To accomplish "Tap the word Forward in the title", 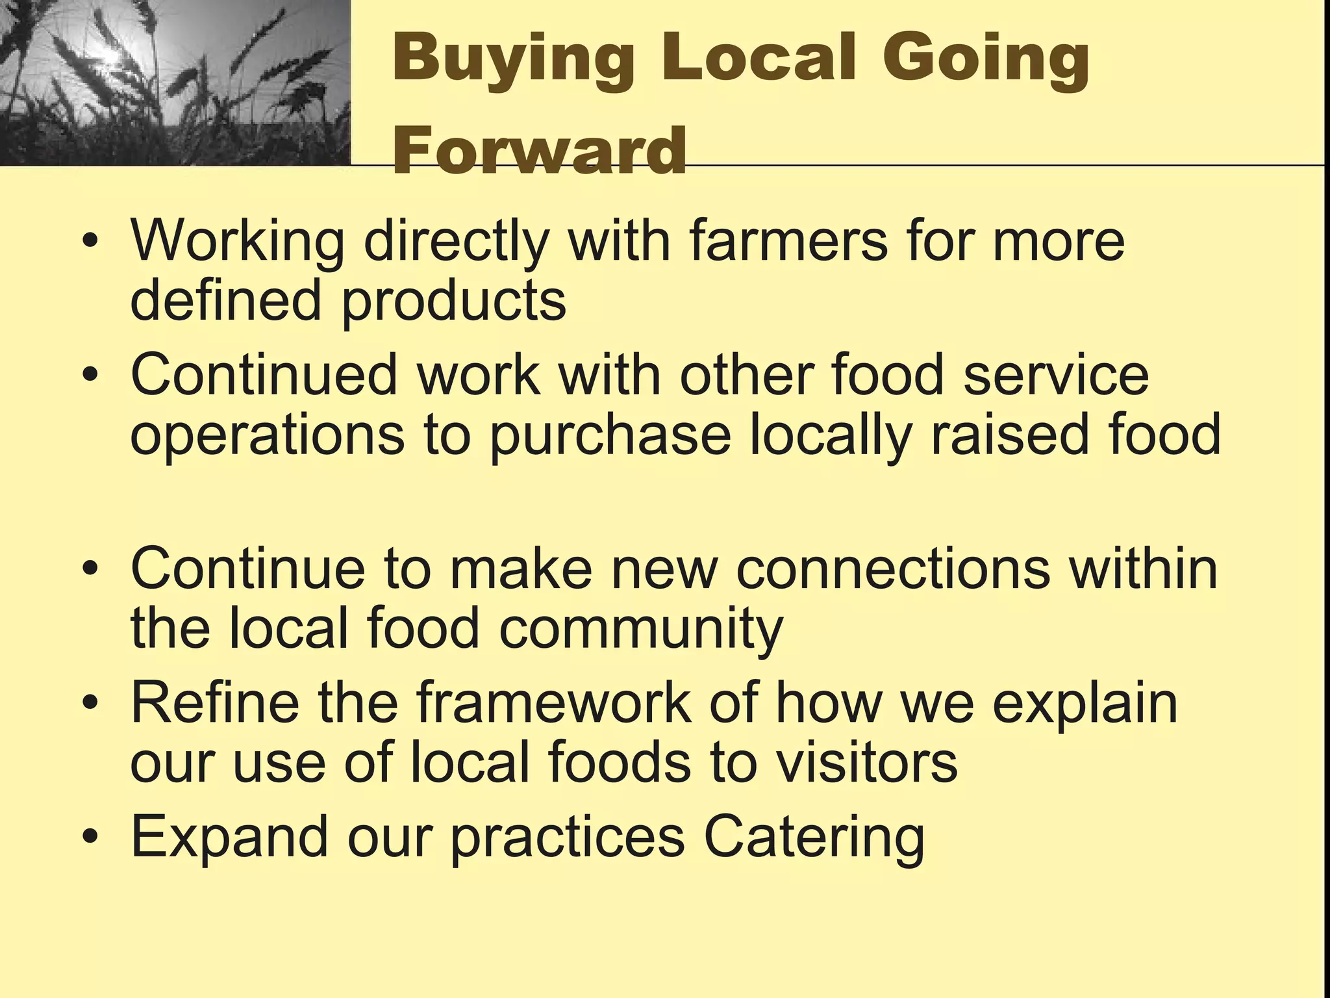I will click(x=540, y=151).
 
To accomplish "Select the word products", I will click(x=453, y=301).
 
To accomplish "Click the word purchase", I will click(x=611, y=435).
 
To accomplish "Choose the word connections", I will click(x=893, y=569).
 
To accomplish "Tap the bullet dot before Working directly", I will click(x=92, y=241).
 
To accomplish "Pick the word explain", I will click(x=1085, y=704).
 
